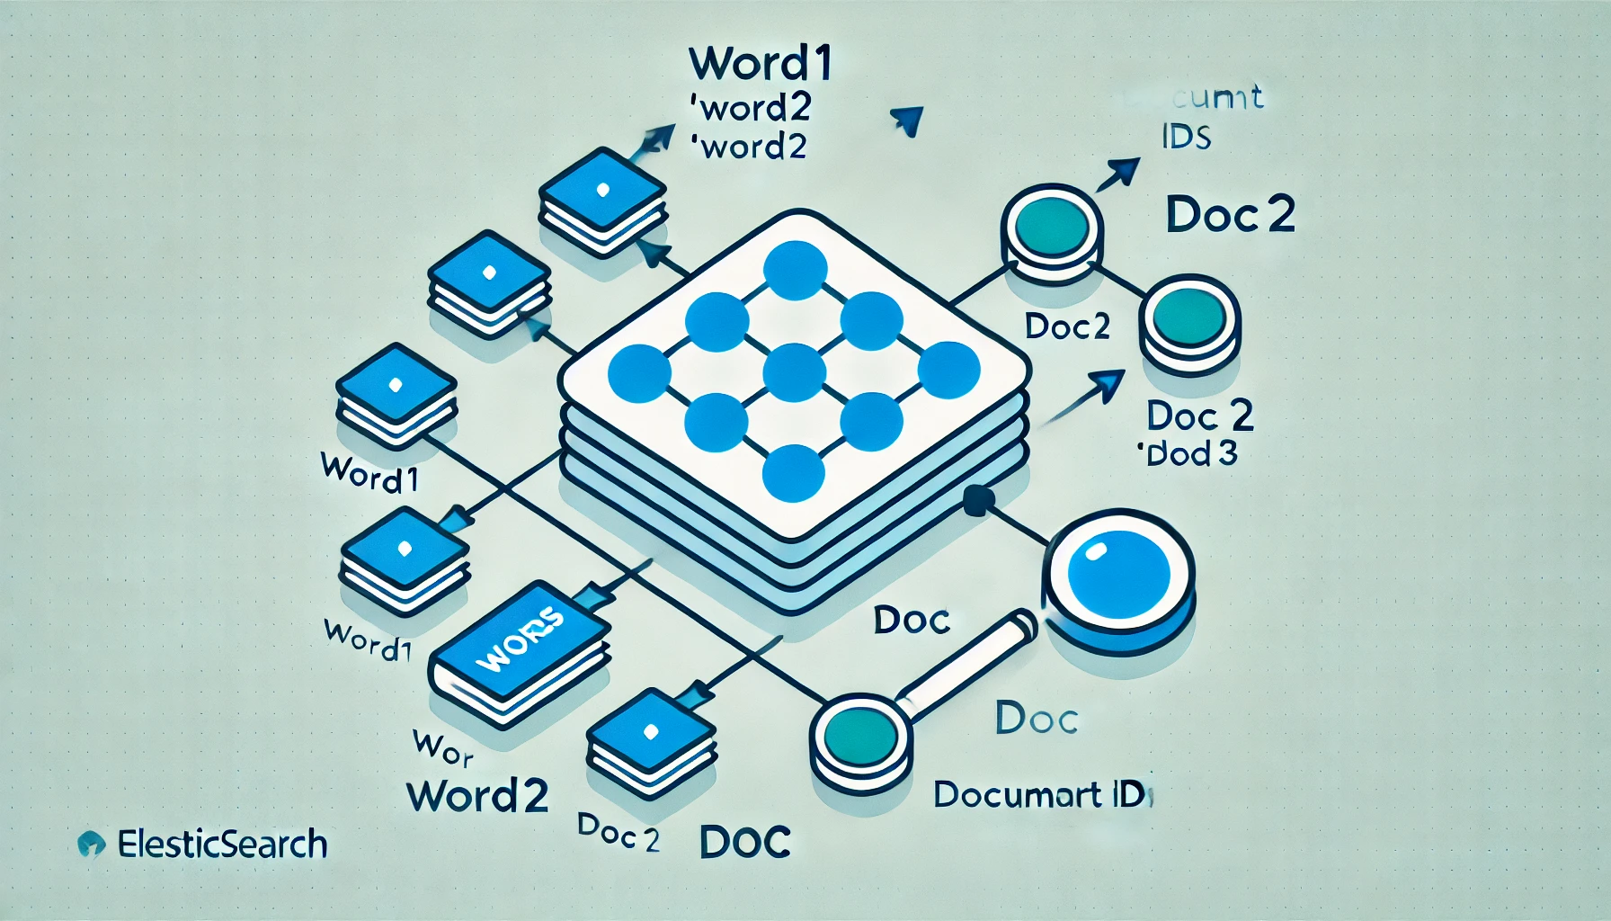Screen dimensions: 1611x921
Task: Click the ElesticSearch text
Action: coord(222,845)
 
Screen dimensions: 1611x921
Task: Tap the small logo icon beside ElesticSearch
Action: coord(91,844)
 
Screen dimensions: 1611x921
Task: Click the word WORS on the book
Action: coord(521,639)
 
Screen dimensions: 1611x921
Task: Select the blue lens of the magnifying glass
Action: coord(1117,574)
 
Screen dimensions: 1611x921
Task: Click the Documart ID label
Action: coord(1041,794)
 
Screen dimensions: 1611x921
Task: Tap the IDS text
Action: coord(1186,137)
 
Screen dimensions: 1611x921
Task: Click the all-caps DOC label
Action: coord(744,842)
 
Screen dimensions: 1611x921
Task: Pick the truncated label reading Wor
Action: coord(442,748)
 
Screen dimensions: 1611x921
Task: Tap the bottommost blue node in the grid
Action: coord(794,474)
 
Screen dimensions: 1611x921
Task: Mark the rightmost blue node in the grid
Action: coord(948,371)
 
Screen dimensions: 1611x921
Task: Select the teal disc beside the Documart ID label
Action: coord(860,738)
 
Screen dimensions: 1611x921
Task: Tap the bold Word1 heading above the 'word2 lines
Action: coord(761,63)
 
